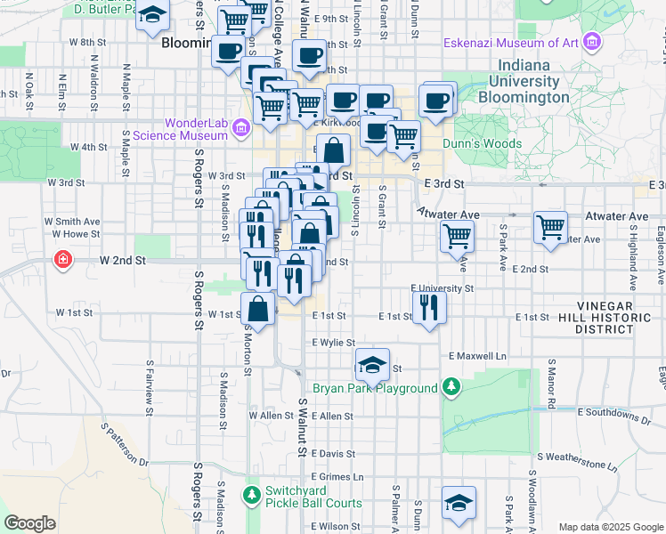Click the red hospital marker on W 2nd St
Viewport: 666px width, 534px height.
pos(62,261)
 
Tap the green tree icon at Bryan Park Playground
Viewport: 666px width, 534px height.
pos(451,387)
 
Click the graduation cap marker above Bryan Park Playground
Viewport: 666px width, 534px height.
pos(372,363)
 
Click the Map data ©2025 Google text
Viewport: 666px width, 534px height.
pos(610,527)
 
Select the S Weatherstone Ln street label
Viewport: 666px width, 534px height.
pos(573,465)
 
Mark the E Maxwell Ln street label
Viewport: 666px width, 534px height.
pos(482,356)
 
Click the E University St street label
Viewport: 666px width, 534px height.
pos(442,288)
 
